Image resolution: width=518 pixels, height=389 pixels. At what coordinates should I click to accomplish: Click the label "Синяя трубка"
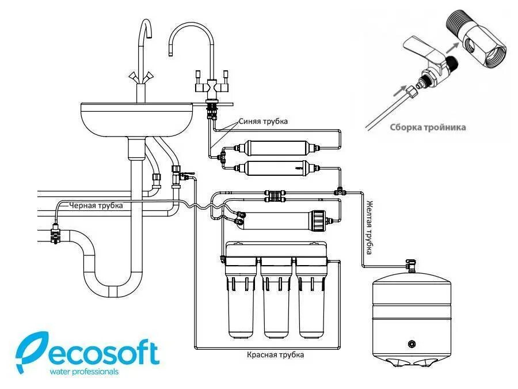click(262, 121)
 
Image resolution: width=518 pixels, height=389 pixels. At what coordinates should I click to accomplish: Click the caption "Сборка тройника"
click(428, 127)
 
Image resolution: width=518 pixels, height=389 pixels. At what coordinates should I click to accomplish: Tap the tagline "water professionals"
click(84, 372)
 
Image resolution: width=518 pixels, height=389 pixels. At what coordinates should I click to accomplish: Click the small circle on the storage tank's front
click(411, 344)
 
